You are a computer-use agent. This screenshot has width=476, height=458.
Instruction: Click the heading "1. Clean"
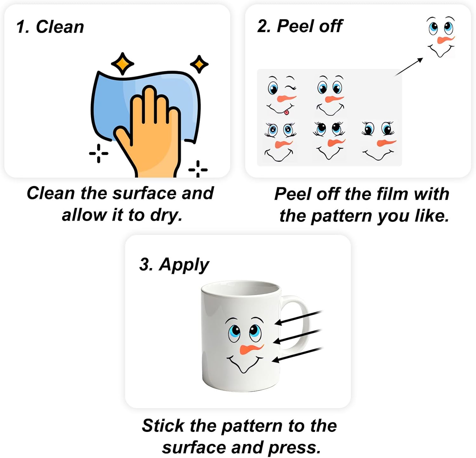[50, 26]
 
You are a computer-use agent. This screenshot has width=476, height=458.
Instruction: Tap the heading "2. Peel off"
[300, 26]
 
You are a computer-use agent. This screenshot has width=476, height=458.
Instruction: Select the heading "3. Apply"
[174, 265]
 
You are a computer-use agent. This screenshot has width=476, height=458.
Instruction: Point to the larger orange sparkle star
[122, 64]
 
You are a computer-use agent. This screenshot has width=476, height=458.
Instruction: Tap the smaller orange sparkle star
[199, 64]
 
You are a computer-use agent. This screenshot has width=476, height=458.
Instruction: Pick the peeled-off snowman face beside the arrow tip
[441, 37]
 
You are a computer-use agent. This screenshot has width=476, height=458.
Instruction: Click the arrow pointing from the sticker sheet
[409, 67]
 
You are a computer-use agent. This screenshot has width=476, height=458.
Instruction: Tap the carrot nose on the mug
[251, 349]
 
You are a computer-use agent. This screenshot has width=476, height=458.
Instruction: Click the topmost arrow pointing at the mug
[299, 318]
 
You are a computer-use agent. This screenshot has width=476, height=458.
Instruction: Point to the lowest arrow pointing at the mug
[298, 355]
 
